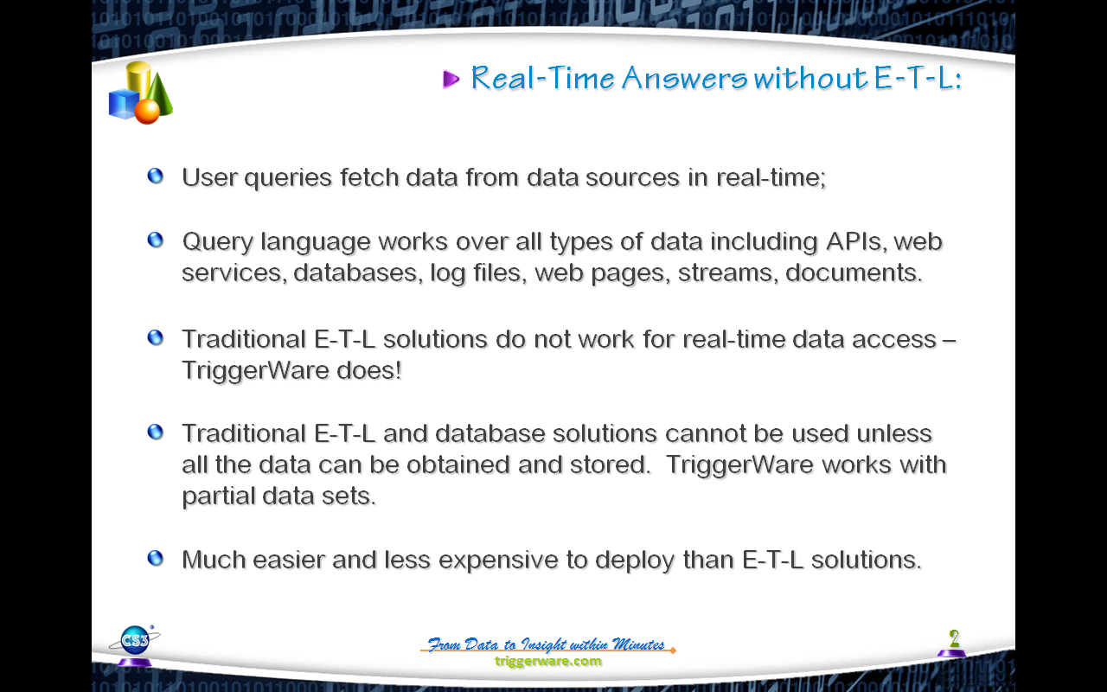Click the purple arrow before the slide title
point(451,79)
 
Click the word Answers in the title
point(684,78)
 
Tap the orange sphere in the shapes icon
point(147,112)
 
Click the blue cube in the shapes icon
point(123,104)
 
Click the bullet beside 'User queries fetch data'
point(155,176)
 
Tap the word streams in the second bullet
point(726,272)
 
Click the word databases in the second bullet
point(358,272)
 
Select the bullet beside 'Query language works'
point(155,240)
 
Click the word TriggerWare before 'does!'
point(255,371)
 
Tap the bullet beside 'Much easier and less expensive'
point(155,559)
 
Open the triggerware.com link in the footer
point(548,661)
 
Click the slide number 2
point(954,638)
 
